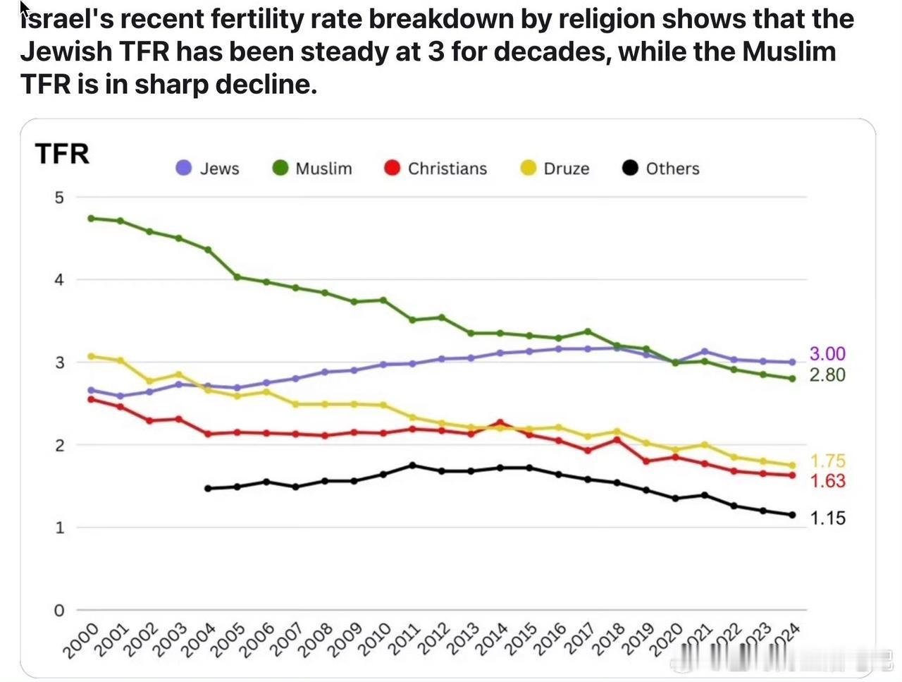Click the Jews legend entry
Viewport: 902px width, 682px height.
[x=209, y=169]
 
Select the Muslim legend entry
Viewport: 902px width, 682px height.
[x=313, y=169]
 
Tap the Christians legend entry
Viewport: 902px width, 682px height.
[x=436, y=169]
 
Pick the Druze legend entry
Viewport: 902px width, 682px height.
[x=555, y=169]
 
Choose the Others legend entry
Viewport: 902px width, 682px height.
[x=662, y=169]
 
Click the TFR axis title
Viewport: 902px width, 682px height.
[x=62, y=154]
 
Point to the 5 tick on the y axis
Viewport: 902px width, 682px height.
[x=59, y=197]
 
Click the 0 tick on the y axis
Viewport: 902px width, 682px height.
[x=59, y=610]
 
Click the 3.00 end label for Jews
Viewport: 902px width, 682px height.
[x=827, y=354]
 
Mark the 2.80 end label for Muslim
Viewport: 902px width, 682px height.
[x=827, y=375]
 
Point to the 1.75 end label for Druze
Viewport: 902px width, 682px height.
[x=827, y=461]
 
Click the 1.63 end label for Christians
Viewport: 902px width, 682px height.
[x=827, y=481]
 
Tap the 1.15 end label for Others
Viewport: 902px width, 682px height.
[x=827, y=518]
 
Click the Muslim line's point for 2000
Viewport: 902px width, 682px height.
[x=91, y=218]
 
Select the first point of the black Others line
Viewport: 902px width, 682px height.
[x=208, y=488]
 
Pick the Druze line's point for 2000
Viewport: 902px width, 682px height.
[x=91, y=356]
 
